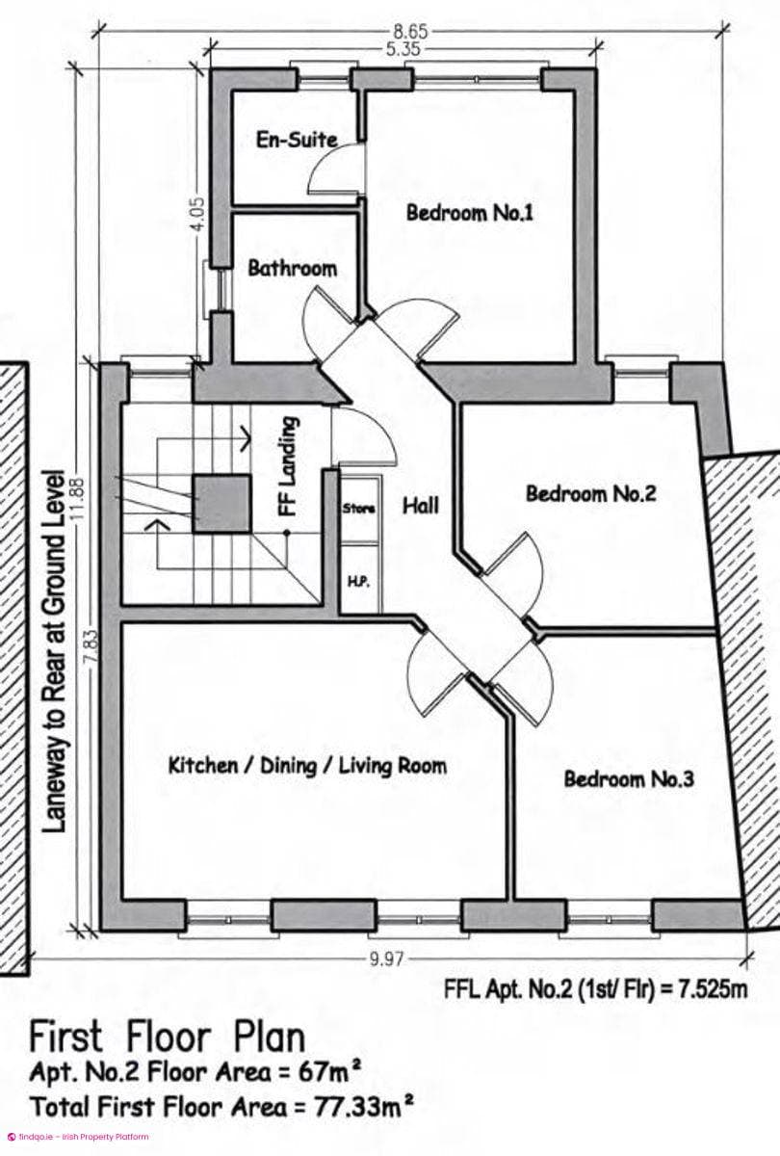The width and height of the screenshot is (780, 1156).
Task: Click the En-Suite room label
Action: (298, 140)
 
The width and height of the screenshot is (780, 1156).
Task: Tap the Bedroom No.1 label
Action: (470, 213)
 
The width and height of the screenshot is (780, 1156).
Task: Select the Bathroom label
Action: (293, 269)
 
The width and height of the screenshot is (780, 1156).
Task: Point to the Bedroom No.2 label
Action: (590, 494)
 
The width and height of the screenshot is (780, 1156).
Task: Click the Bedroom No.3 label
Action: (628, 778)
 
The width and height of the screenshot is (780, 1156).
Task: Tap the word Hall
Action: (421, 506)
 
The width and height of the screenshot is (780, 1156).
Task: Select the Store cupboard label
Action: (359, 509)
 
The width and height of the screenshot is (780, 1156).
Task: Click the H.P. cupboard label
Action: (358, 582)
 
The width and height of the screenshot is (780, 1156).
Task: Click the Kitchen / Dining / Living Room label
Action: (307, 766)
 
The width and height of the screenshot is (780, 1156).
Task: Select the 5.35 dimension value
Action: (403, 49)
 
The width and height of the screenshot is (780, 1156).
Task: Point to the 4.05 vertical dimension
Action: (200, 214)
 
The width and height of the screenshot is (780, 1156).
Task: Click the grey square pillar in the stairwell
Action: (221, 504)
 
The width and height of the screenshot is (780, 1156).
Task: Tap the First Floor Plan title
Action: (168, 1037)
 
